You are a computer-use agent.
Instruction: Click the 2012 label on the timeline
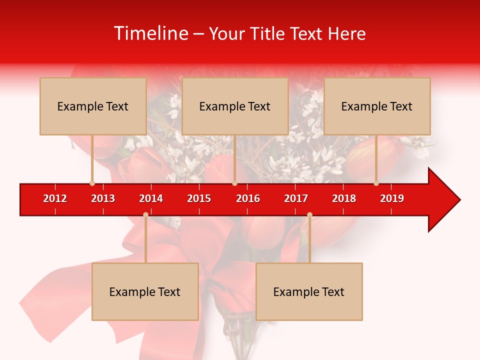click(x=55, y=198)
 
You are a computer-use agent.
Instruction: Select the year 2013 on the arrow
click(x=103, y=198)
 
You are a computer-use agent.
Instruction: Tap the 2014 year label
click(x=151, y=198)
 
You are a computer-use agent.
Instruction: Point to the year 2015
click(x=199, y=198)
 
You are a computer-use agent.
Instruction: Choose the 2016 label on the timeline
click(x=248, y=198)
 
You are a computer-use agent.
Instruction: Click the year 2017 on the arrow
click(x=296, y=198)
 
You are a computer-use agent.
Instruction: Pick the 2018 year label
click(x=344, y=198)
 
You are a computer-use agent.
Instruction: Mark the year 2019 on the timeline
click(x=392, y=198)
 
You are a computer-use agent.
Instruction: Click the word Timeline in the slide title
click(x=150, y=33)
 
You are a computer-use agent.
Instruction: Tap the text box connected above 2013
click(x=93, y=106)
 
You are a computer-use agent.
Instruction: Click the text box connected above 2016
click(x=235, y=106)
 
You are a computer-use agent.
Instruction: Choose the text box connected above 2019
click(x=377, y=106)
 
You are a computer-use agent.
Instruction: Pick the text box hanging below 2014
click(x=145, y=291)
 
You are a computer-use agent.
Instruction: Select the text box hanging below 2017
click(x=309, y=291)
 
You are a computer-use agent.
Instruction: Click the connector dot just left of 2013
click(x=92, y=183)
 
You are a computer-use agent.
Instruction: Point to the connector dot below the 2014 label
click(x=145, y=214)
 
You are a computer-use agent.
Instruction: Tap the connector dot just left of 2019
click(x=376, y=183)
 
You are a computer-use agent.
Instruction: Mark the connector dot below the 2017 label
click(x=309, y=214)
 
